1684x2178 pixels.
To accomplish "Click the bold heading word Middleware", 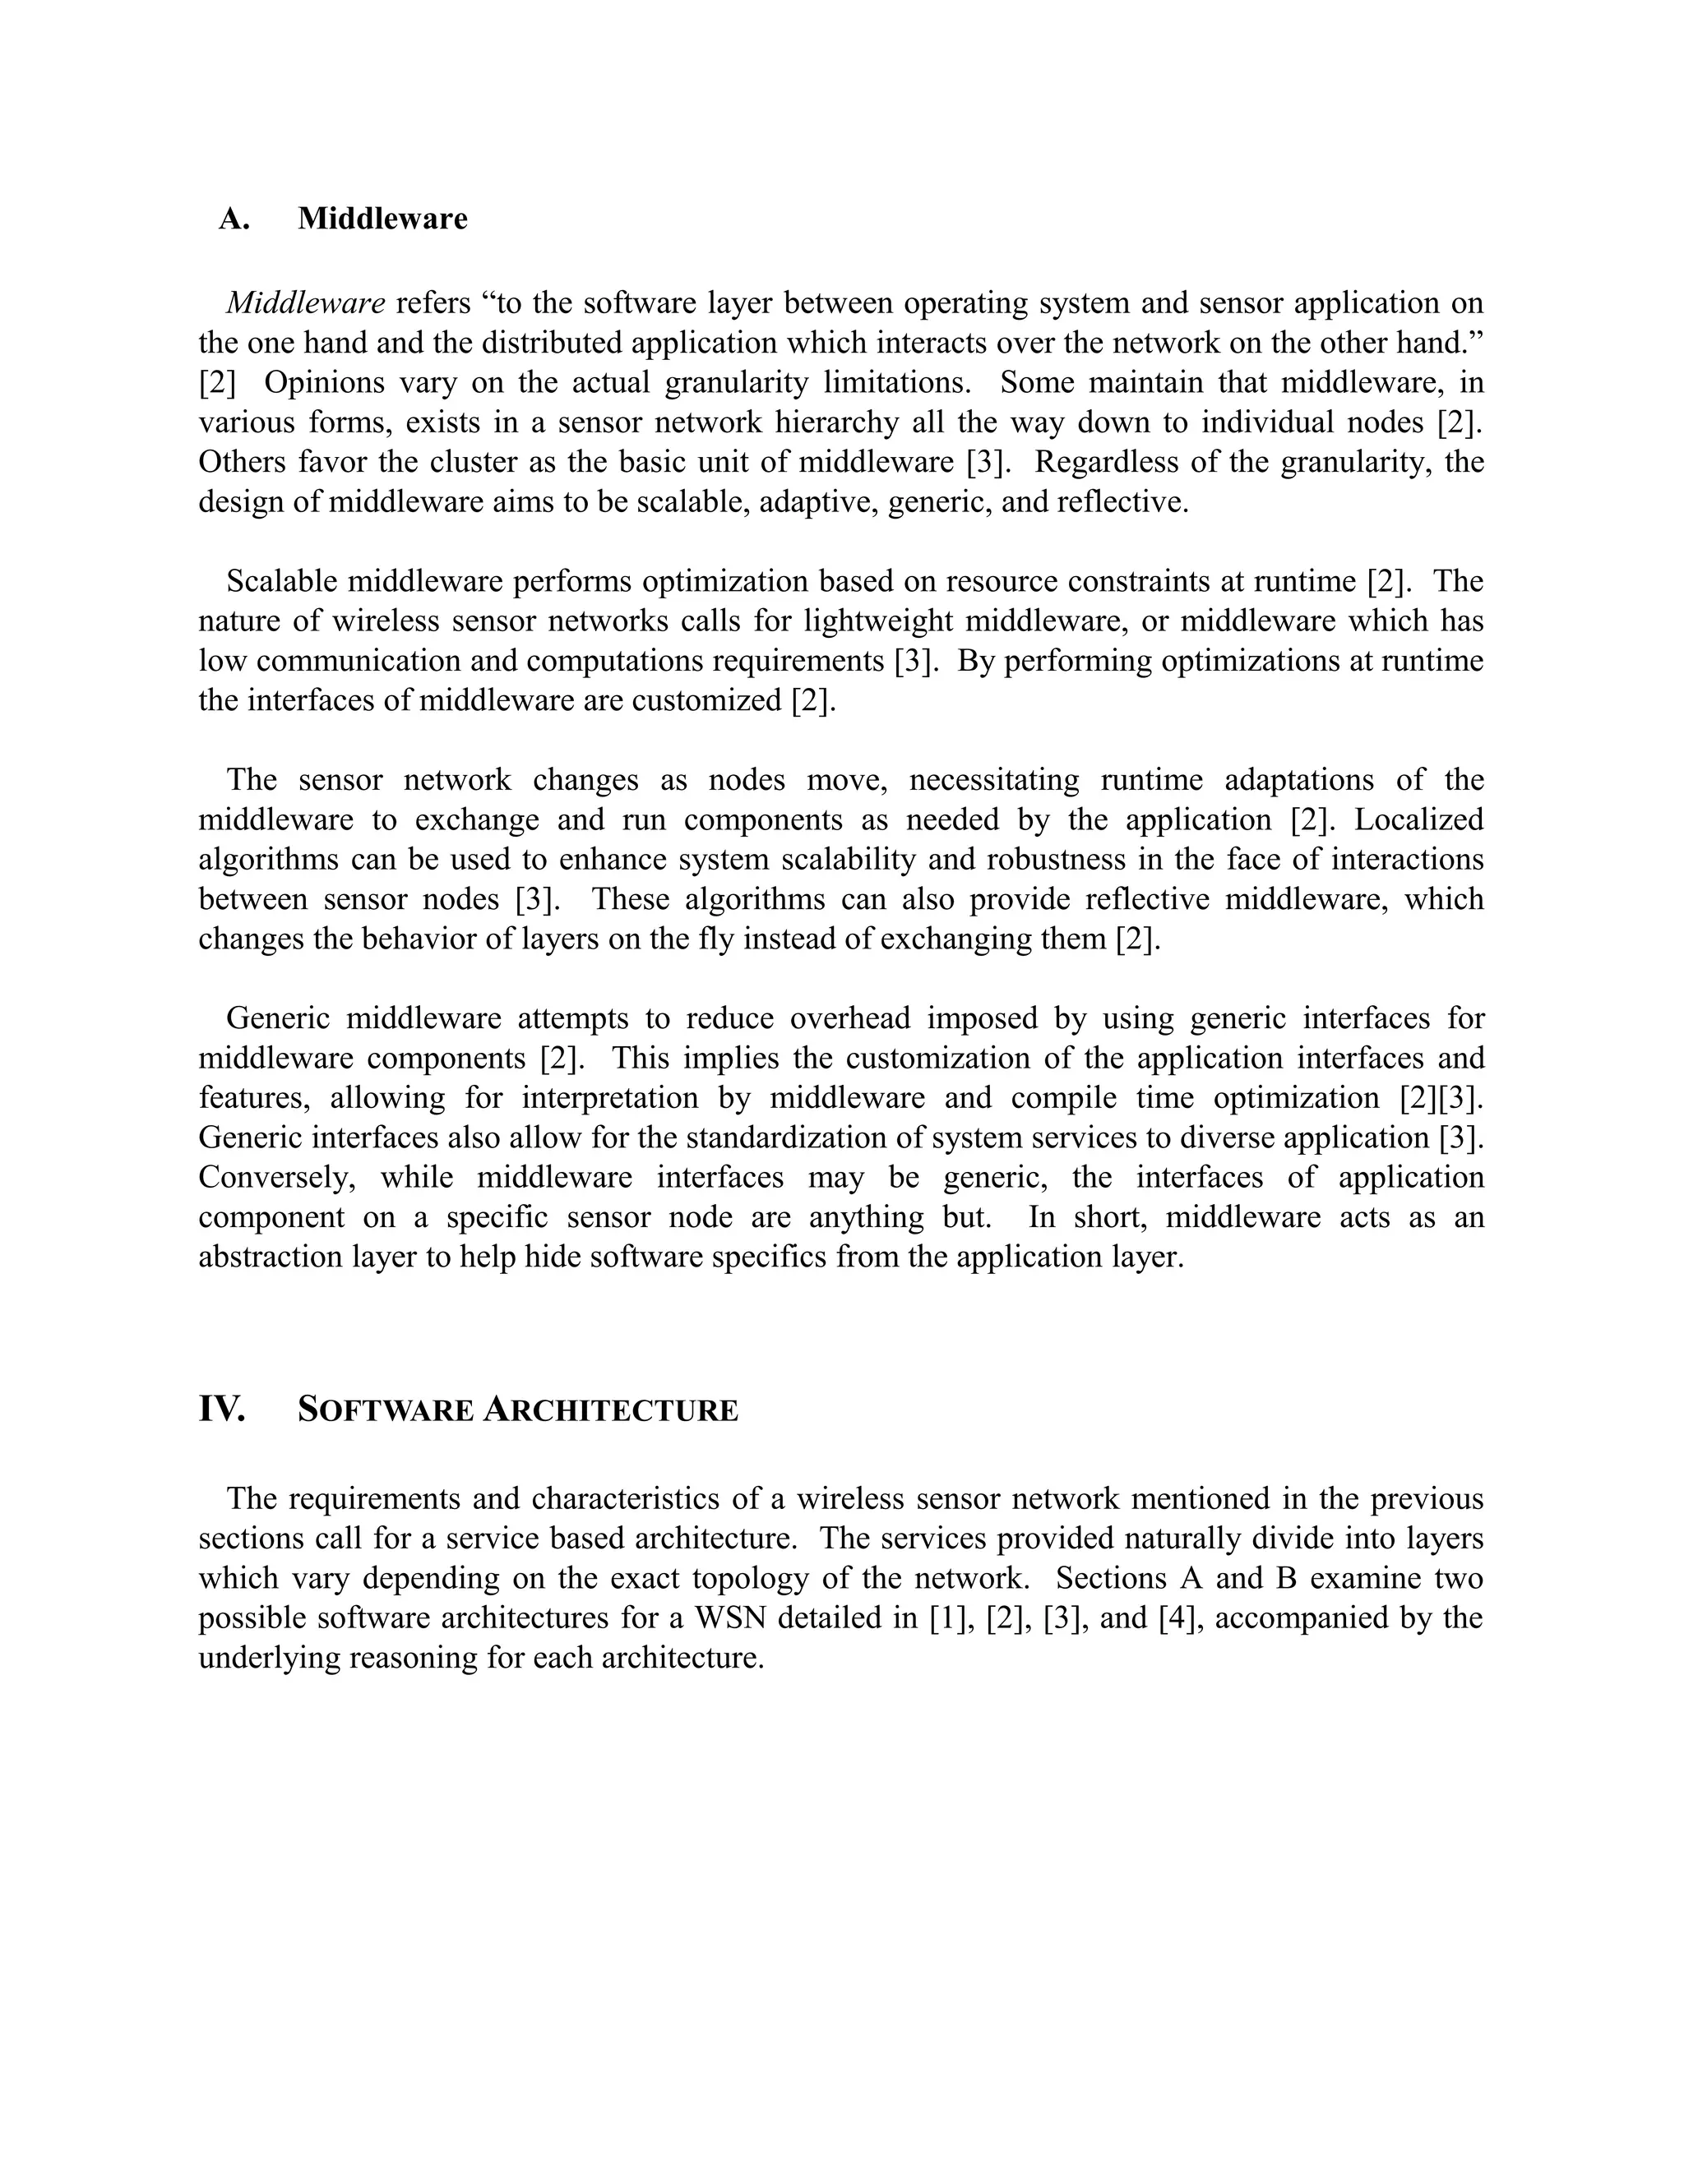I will [382, 219].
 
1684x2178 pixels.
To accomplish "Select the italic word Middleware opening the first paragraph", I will [305, 303].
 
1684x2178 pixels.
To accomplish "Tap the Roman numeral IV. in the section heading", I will [221, 1409].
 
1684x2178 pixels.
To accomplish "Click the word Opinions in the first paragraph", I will [324, 382].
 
